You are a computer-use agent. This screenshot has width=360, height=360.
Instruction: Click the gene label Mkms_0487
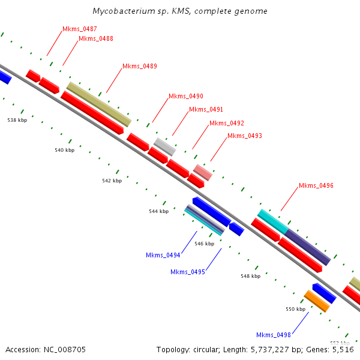pos(80,29)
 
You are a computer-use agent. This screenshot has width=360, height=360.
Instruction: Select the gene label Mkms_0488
pos(96,38)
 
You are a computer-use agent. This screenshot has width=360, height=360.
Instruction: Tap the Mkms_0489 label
pos(140,66)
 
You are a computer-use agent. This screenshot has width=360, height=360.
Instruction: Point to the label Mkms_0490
pos(186,96)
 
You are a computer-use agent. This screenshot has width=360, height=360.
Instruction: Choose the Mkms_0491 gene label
pos(206,109)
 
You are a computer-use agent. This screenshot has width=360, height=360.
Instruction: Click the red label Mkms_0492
pos(227,123)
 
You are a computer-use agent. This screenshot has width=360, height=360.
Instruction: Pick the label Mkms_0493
pos(245,136)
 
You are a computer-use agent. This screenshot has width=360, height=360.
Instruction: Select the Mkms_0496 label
pos(316,185)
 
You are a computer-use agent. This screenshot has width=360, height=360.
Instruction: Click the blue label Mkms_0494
pos(163,255)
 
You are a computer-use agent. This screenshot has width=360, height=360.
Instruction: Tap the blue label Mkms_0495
pos(188,272)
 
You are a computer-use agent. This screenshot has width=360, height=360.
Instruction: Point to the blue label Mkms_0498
pos(274,335)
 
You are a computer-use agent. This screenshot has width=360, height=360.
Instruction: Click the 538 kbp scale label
pos(17,120)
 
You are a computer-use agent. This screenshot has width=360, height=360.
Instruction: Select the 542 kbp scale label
pos(112,180)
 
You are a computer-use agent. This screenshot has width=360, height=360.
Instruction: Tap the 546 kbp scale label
pos(205,244)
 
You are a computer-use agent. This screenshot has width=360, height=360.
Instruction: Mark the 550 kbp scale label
pos(295,309)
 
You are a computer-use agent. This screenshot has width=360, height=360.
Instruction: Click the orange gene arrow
pos(317,301)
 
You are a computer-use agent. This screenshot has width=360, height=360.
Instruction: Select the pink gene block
pos(203,173)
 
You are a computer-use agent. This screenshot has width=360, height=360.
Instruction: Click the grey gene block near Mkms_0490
pos(164,146)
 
